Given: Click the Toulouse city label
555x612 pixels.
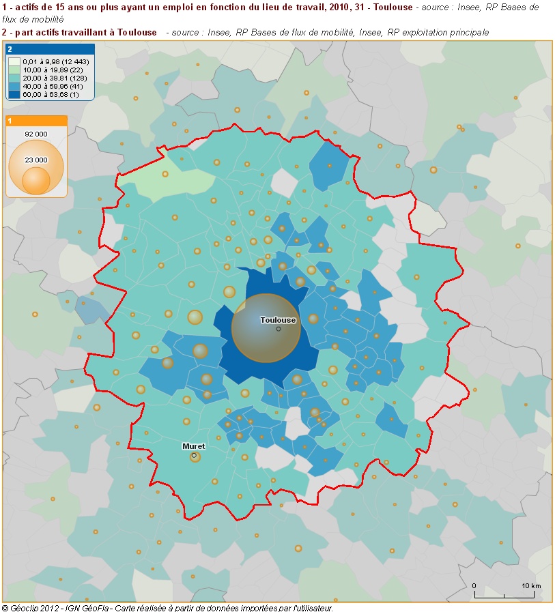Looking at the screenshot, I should tap(278, 320).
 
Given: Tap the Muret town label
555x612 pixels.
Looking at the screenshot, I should tap(193, 446).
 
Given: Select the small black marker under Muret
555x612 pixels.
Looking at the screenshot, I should tap(194, 455).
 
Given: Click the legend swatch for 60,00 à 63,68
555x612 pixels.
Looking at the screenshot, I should tap(14, 94).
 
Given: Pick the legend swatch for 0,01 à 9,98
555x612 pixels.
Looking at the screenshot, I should tap(14, 61).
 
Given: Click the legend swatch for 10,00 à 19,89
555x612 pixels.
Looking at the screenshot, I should tap(14, 70).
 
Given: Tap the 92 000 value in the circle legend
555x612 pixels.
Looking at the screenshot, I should tap(36, 133).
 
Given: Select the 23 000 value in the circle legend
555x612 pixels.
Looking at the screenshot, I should tap(36, 160).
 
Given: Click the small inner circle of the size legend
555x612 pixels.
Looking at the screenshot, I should tap(36, 179).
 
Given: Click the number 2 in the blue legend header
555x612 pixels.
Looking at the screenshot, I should tap(10, 50).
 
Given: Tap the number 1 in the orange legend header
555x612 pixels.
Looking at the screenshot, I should tap(10, 121).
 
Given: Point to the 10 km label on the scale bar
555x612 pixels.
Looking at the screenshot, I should tap(531, 586).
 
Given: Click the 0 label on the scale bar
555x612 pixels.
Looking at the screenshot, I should tap(474, 586).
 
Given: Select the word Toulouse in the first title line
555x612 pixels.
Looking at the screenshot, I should tap(393, 7).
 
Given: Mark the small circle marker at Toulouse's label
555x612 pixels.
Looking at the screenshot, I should tap(279, 329).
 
